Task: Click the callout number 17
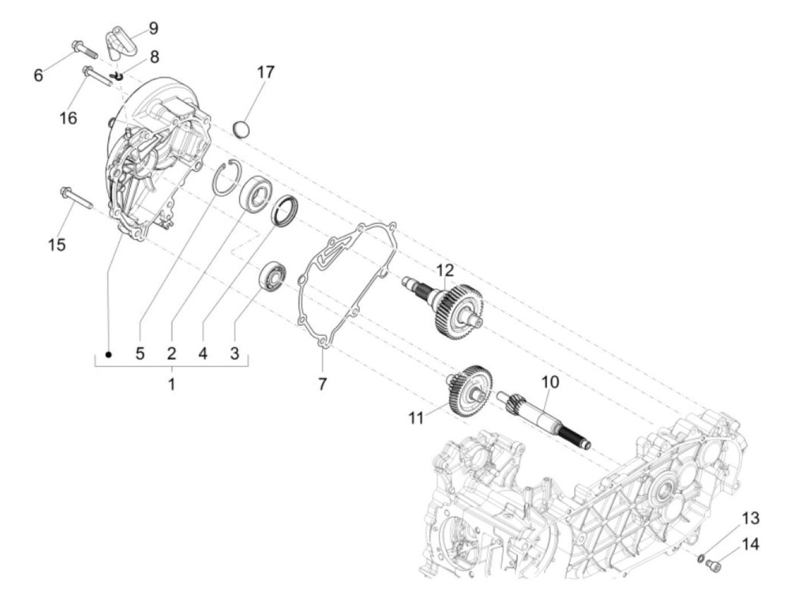(x=265, y=72)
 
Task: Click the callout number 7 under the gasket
(x=322, y=383)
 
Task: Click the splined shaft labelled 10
(x=541, y=420)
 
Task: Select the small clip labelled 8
(x=119, y=76)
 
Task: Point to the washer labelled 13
(x=701, y=558)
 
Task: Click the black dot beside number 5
(x=109, y=355)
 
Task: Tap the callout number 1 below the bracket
(x=171, y=383)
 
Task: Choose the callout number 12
(x=445, y=271)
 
